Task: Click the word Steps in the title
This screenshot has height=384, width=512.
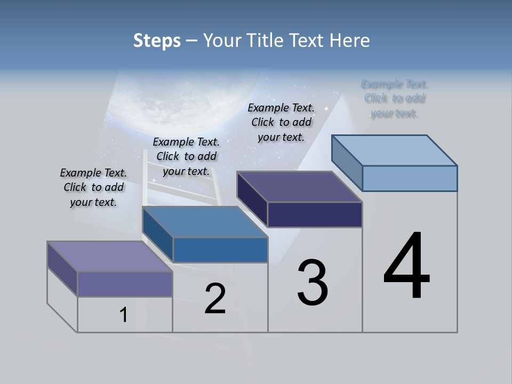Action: pyautogui.click(x=157, y=41)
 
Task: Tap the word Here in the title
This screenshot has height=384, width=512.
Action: pyautogui.click(x=350, y=41)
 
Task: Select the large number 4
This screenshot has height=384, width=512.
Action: pyautogui.click(x=406, y=267)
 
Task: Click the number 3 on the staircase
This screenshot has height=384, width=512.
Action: pyautogui.click(x=313, y=283)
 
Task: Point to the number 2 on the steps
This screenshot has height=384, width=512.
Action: pyautogui.click(x=215, y=299)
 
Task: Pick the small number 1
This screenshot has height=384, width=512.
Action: pyautogui.click(x=124, y=315)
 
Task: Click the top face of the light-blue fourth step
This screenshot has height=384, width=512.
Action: pyautogui.click(x=395, y=150)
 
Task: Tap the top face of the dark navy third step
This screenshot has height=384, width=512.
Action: pyautogui.click(x=300, y=187)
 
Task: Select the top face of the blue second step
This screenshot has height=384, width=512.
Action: pyautogui.click(x=205, y=222)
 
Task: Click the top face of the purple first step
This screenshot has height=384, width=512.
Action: pyautogui.click(x=110, y=257)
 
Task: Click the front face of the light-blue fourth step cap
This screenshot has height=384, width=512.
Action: pyautogui.click(x=410, y=178)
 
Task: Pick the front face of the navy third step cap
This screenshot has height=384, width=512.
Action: pyautogui.click(x=315, y=214)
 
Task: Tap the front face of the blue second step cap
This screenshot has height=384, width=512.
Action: pyautogui.click(x=220, y=250)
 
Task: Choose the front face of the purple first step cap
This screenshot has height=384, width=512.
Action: pyautogui.click(x=125, y=284)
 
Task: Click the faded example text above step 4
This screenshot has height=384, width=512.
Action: pyautogui.click(x=395, y=99)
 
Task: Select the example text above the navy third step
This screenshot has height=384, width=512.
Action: pyautogui.click(x=281, y=122)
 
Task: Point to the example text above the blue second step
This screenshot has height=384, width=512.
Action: pyautogui.click(x=186, y=156)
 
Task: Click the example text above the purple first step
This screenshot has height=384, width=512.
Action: pyautogui.click(x=93, y=187)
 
